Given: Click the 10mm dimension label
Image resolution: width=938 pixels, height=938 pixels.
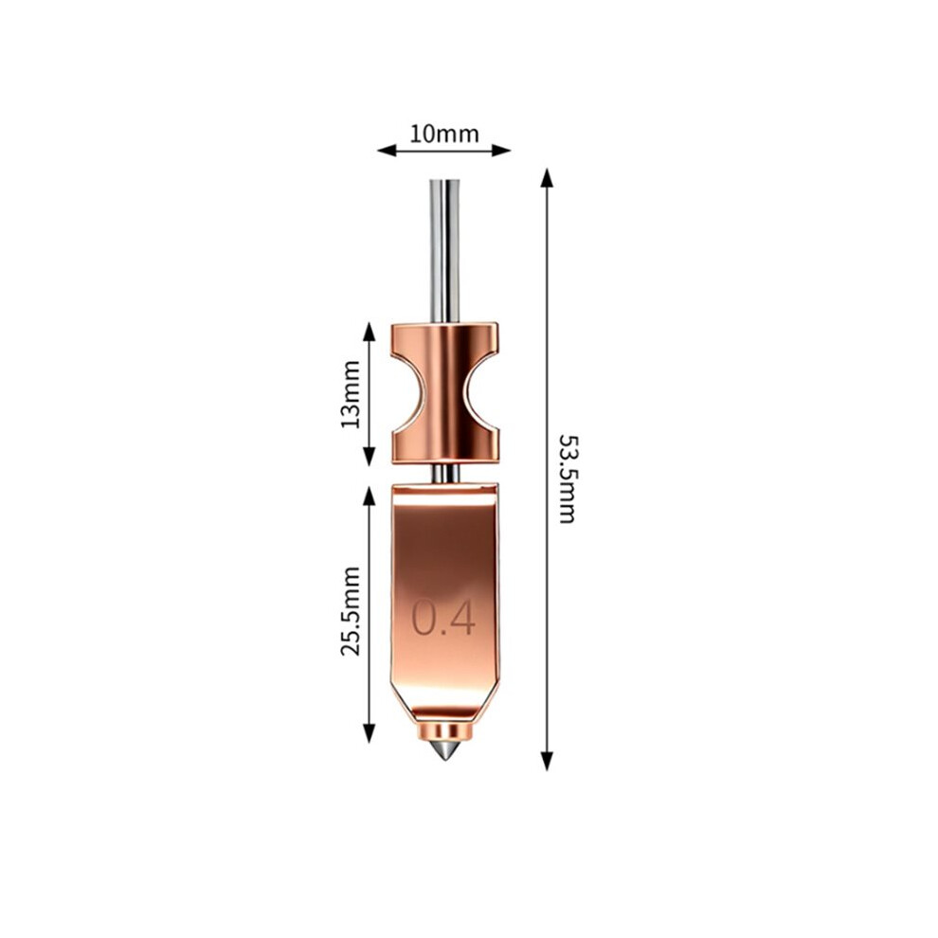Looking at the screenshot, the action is coord(443,134).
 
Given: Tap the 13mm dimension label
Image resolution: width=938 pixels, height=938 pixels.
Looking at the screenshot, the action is coord(351,394).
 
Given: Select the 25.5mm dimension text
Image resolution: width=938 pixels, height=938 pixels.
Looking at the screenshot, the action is coord(351,611).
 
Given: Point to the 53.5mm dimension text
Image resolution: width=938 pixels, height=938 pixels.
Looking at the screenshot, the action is coord(567,478).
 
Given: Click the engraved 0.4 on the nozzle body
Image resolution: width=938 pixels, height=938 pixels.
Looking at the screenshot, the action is coord(443,618).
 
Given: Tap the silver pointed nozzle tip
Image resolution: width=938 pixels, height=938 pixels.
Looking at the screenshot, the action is coord(443,751).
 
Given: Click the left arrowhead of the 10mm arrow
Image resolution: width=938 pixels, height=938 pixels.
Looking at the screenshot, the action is coord(387,150).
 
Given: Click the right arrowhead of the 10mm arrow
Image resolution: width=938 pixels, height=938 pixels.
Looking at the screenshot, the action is coord(501,150).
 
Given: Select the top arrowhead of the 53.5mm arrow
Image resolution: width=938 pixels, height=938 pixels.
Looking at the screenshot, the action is coord(546,178).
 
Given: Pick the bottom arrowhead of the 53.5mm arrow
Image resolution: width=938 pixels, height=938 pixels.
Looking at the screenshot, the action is coord(546,761).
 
